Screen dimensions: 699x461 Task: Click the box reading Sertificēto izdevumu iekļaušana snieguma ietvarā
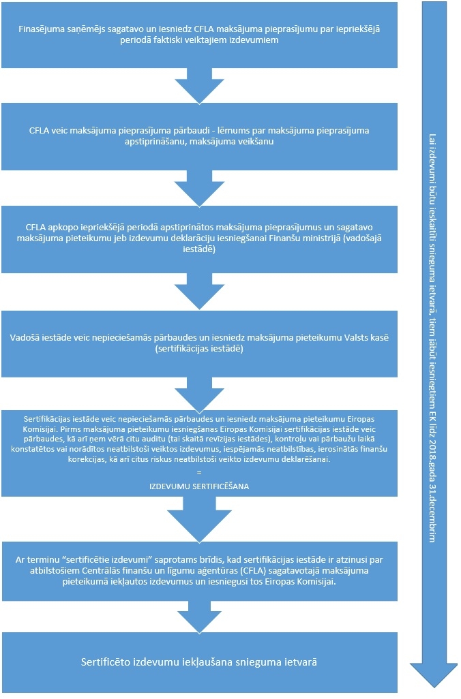[x=199, y=662]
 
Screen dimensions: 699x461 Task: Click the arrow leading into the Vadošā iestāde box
[x=199, y=293]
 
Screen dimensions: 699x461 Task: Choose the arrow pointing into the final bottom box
[x=199, y=617]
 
